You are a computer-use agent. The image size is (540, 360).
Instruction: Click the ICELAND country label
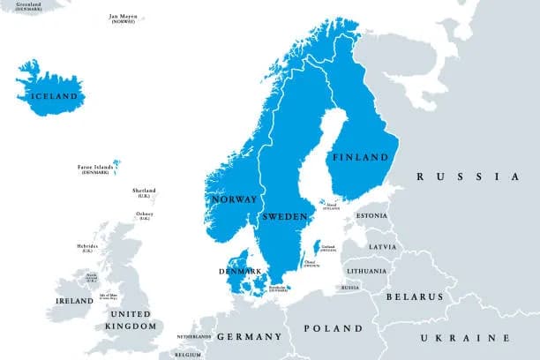point(55,95)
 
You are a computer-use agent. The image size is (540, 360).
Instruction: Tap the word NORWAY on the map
point(234,199)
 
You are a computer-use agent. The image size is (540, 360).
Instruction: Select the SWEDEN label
point(284,216)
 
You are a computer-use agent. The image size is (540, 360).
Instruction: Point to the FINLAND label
point(359,157)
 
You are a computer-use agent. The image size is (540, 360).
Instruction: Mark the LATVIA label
point(382,246)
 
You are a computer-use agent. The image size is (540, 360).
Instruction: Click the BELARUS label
point(413,297)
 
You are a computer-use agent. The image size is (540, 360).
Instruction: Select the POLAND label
point(333,328)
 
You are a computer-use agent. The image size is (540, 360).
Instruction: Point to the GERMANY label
point(248,337)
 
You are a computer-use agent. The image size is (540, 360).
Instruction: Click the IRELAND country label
point(74,301)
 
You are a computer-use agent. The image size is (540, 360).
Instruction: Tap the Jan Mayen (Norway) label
point(122,18)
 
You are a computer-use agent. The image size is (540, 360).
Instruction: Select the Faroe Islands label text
point(96,168)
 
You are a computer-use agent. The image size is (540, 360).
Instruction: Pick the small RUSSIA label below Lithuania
point(350,288)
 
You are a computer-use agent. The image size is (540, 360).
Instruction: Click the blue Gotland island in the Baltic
point(317,248)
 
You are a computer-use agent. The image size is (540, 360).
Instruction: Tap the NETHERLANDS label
point(194,337)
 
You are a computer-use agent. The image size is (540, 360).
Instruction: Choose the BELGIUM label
point(187,354)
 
